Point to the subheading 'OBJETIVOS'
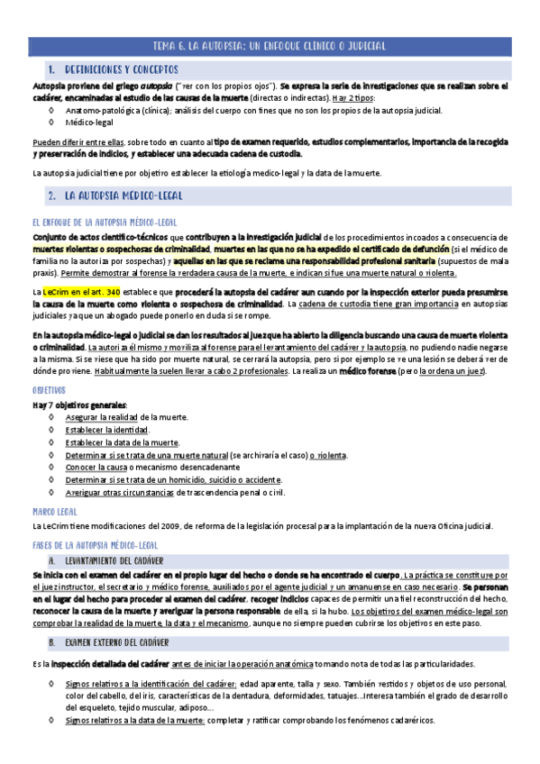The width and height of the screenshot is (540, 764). [x=50, y=392]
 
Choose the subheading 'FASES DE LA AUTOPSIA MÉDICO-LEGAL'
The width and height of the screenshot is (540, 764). [x=95, y=545]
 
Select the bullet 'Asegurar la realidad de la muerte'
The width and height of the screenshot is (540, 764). [x=126, y=417]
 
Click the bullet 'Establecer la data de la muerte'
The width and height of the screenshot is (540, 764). [x=122, y=442]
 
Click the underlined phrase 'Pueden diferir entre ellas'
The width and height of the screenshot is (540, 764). [x=78, y=141]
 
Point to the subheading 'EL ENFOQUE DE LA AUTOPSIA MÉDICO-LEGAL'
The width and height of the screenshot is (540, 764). [x=104, y=222]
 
